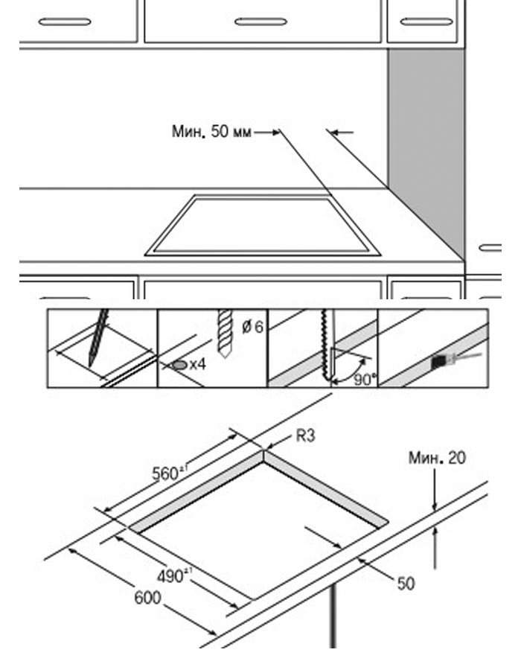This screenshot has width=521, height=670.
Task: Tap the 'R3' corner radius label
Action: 306,436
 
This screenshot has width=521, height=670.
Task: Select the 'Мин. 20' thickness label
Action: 437,458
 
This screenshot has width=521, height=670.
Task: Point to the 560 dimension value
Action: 166,473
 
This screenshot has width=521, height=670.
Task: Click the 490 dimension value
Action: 173,575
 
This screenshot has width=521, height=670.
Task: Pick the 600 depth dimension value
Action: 147,598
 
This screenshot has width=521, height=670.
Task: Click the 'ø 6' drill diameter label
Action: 253,328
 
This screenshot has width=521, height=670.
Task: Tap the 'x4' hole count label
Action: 197,365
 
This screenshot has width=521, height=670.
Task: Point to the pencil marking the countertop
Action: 98,339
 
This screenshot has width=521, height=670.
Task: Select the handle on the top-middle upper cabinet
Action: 260,22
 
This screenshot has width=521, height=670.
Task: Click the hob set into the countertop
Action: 262,225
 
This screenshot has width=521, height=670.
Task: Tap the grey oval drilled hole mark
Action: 179,365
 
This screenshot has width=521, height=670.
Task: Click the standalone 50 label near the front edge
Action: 406,584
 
